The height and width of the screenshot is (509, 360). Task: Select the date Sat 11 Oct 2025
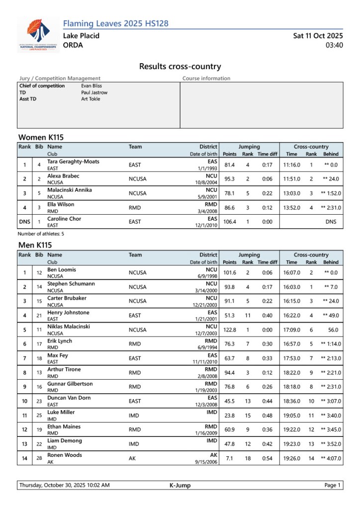(x=318, y=36)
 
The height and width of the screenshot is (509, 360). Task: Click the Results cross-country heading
(x=180, y=67)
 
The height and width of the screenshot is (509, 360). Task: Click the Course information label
(x=206, y=79)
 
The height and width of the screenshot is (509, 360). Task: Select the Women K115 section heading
(x=41, y=137)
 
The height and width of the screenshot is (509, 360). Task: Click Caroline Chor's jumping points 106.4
(x=229, y=222)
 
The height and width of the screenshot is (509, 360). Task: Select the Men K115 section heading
(x=35, y=245)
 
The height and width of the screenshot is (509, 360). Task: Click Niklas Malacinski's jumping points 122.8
(x=229, y=330)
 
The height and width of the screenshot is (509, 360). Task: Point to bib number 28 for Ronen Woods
(x=38, y=458)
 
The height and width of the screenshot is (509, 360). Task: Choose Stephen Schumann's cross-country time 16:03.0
(x=291, y=287)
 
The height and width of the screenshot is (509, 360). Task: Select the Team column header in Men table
(x=135, y=254)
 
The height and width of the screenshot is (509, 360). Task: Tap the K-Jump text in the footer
(x=180, y=486)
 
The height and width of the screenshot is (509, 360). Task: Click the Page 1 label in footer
(x=332, y=486)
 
